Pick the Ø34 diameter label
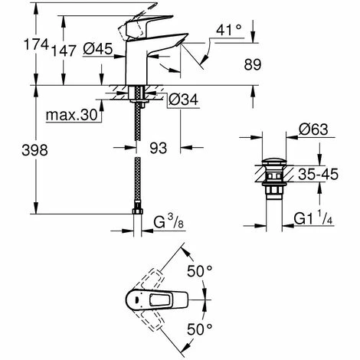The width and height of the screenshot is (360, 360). click(x=184, y=98)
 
